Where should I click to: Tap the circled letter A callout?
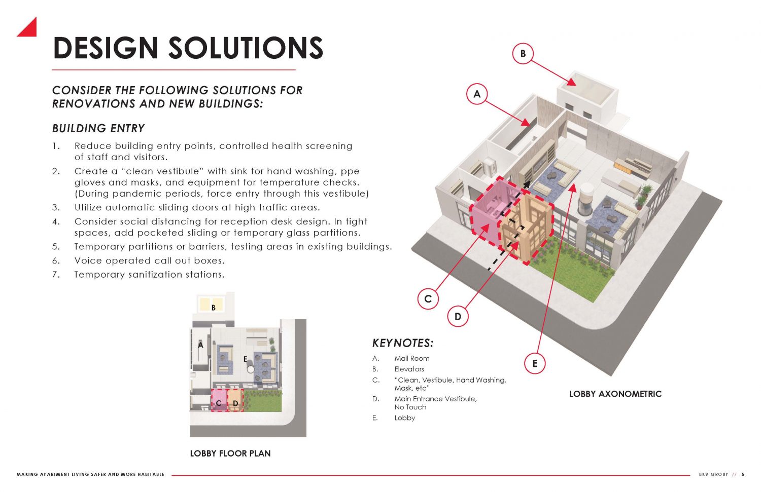477,94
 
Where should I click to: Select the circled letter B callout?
523,53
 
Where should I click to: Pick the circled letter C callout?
428,299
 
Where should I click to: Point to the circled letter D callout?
458,317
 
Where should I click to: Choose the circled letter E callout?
535,363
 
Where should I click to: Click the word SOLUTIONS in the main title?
246,49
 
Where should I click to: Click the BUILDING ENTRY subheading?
98,129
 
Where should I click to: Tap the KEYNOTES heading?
403,343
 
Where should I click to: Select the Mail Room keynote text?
412,358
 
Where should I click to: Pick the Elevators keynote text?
409,369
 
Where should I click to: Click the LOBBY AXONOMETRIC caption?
615,394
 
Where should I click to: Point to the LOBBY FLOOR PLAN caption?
230,453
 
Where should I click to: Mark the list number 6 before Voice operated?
56,261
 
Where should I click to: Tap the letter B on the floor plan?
214,308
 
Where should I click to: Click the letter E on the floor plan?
245,359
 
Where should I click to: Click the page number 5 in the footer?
743,475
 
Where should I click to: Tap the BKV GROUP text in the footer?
713,475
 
